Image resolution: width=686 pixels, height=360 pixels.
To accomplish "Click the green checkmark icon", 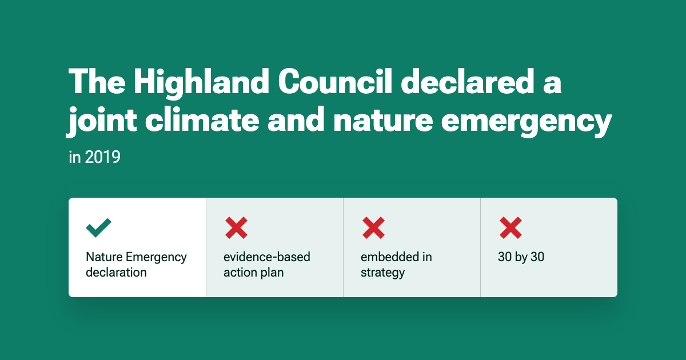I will (x=98, y=228).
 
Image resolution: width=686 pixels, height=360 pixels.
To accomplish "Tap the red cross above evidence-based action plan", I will (x=236, y=228).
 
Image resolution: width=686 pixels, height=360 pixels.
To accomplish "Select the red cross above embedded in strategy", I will (x=373, y=228).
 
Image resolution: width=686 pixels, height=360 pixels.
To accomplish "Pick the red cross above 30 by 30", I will (x=510, y=228).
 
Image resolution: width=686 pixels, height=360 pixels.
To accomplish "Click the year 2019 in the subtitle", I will (x=102, y=157).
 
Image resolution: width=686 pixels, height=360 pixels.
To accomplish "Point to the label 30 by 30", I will (x=521, y=257).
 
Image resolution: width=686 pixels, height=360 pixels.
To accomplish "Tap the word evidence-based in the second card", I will (x=267, y=257).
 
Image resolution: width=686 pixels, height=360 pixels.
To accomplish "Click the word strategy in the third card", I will (x=382, y=273).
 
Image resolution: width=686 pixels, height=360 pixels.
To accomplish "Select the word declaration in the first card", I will (x=116, y=273).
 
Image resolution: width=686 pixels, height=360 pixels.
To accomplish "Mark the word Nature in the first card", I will (x=104, y=257).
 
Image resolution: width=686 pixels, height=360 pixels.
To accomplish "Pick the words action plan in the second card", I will (x=253, y=273).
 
